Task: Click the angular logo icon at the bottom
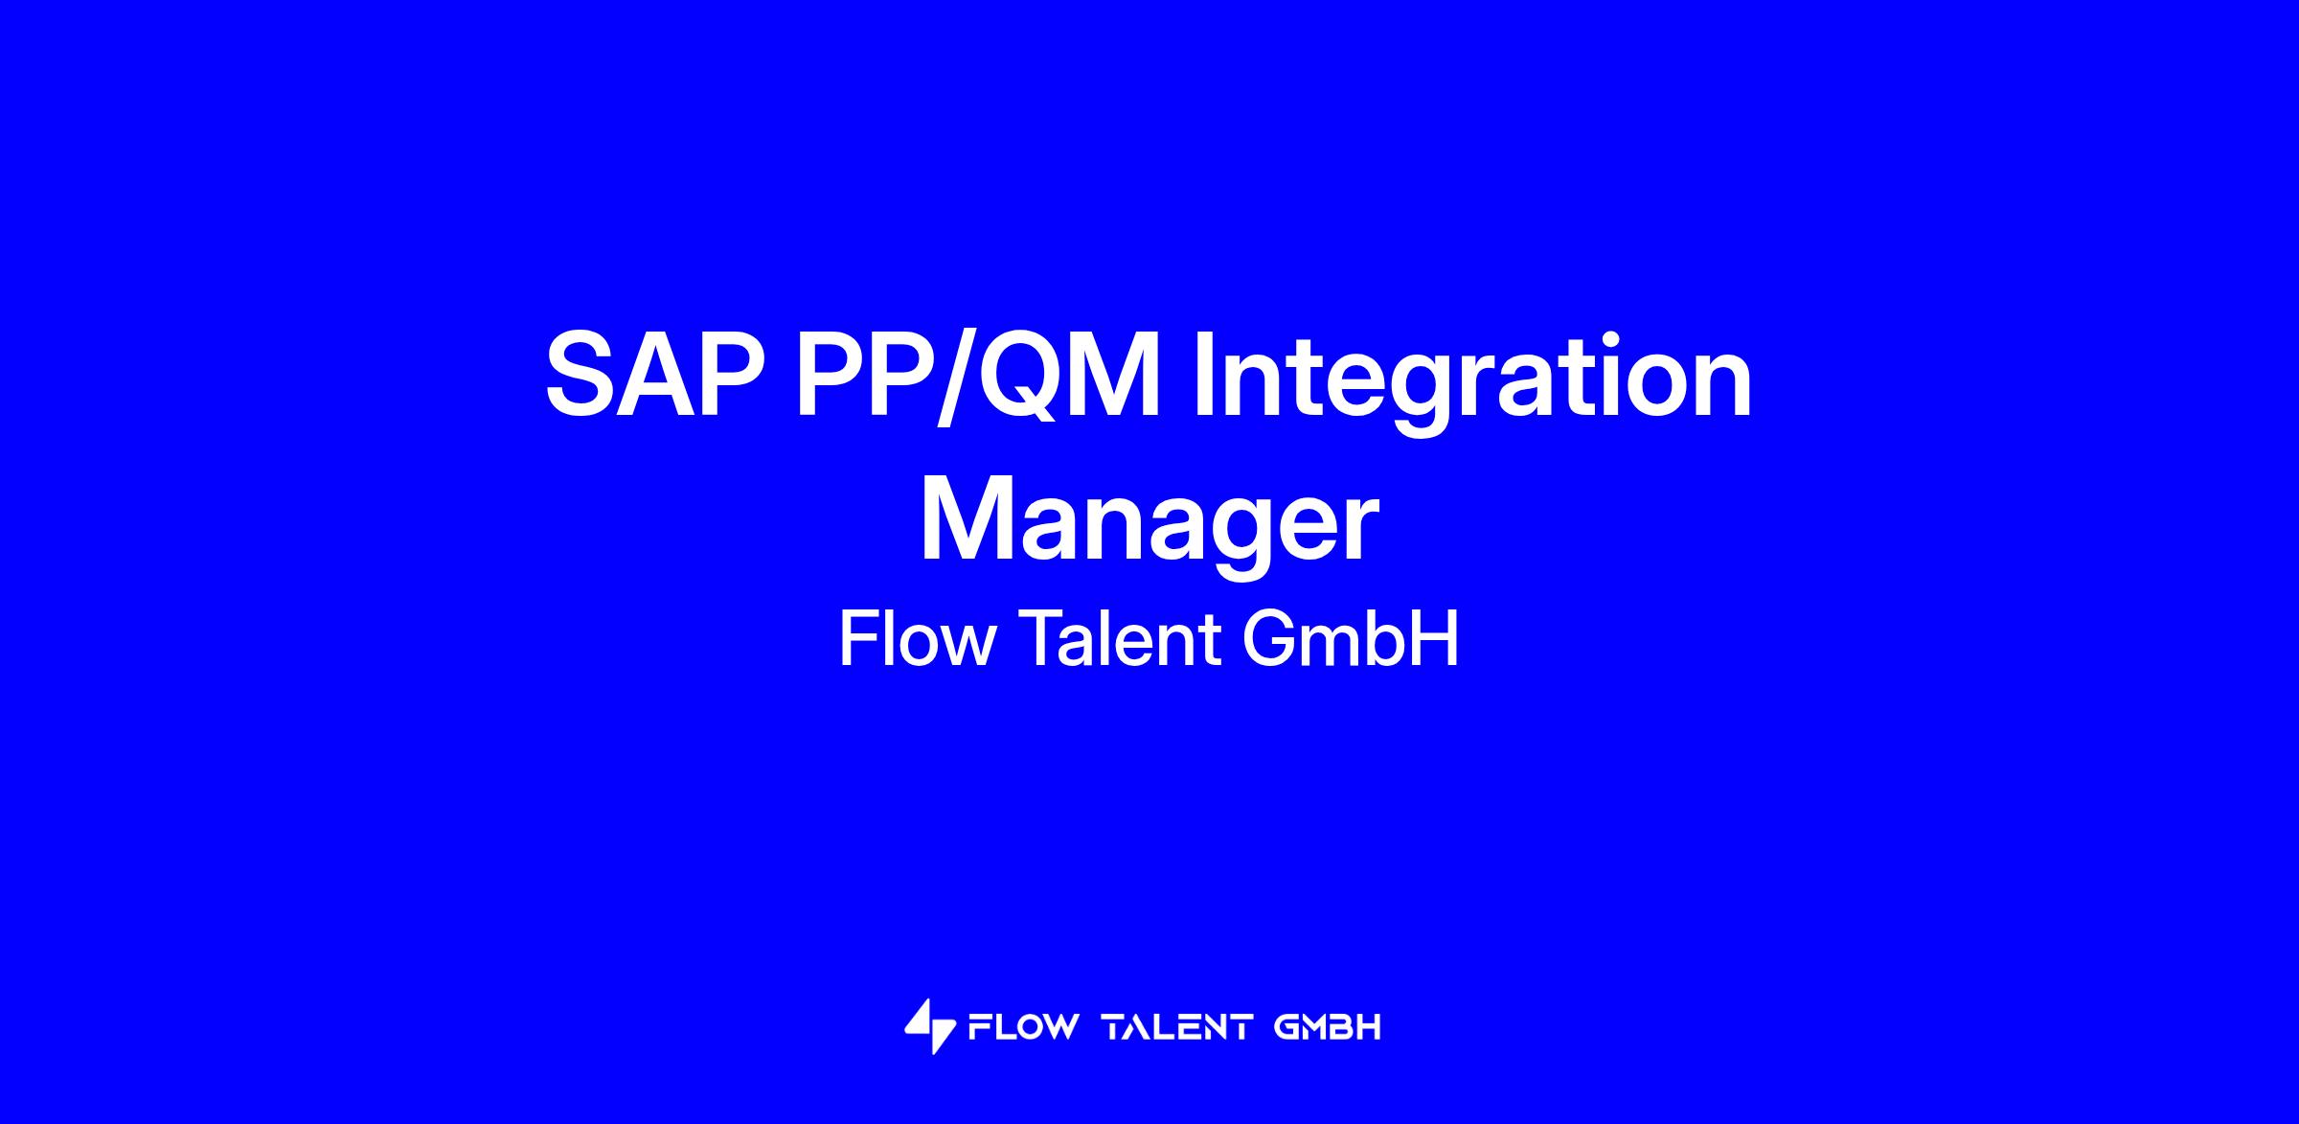tap(930, 1026)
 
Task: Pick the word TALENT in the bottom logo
tap(1178, 1027)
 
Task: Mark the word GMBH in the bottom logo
tap(1329, 1027)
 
